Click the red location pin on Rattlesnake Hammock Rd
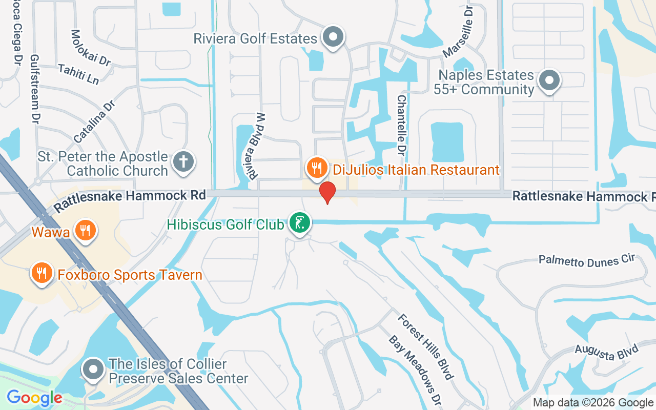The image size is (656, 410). tap(327, 192)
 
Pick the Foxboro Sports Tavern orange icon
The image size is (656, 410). tap(42, 273)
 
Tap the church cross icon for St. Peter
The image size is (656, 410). tap(183, 161)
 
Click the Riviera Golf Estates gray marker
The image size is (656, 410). tap(334, 37)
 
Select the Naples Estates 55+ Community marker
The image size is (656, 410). tap(549, 80)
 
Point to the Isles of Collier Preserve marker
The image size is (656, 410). tap(93, 369)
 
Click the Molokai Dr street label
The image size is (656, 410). tap(91, 48)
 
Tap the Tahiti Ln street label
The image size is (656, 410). tap(78, 74)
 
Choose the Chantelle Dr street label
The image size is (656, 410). tap(401, 125)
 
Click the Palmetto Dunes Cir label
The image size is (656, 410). tap(587, 260)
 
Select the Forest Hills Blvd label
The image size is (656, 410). tap(425, 346)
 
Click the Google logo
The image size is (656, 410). tap(34, 398)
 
